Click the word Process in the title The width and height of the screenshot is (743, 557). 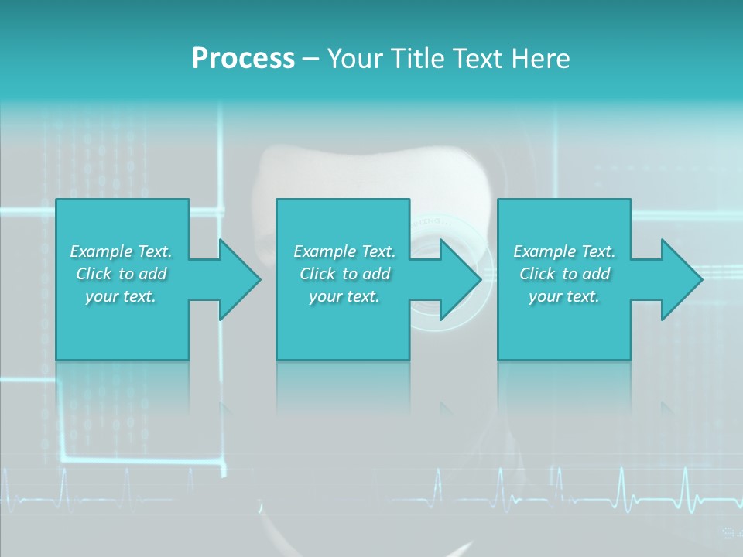click(243, 59)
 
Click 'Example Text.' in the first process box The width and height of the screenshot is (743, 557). click(121, 251)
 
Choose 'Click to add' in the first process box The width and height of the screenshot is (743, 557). click(121, 274)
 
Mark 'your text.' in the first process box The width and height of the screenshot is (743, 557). click(121, 296)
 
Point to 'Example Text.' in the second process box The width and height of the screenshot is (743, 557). click(344, 251)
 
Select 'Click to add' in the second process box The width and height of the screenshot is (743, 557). click(344, 274)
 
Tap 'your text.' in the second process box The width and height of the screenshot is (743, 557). click(344, 296)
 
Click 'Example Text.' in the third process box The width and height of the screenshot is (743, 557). click(564, 251)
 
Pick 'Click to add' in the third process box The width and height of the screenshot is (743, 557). click(564, 274)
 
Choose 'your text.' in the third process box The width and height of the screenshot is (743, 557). click(564, 296)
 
